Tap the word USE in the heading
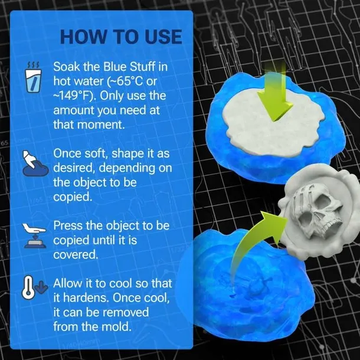163,37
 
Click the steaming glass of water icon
34,77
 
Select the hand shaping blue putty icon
35,163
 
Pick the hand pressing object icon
34,236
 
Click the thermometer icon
28,287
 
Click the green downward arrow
274,92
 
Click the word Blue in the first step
116,67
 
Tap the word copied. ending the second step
73,197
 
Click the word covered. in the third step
76,254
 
